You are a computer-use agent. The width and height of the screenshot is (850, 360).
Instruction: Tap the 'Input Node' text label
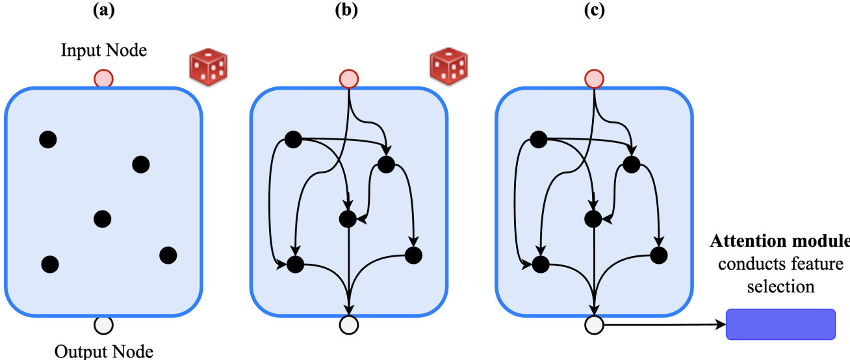click(104, 49)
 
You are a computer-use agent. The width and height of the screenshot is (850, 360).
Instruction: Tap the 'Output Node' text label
click(104, 352)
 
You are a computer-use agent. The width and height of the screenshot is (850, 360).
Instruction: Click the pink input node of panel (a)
click(104, 79)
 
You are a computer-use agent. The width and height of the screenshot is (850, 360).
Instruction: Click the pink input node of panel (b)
click(350, 79)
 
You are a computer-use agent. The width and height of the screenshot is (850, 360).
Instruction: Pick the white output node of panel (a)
click(104, 324)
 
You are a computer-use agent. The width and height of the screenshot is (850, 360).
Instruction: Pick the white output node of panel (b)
click(350, 324)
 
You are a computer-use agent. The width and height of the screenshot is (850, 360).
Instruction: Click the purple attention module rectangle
click(780, 324)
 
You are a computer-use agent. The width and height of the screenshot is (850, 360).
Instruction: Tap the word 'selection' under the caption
click(780, 286)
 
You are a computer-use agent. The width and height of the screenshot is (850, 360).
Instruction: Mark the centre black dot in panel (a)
click(101, 218)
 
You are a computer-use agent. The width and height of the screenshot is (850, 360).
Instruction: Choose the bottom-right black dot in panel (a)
click(168, 255)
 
